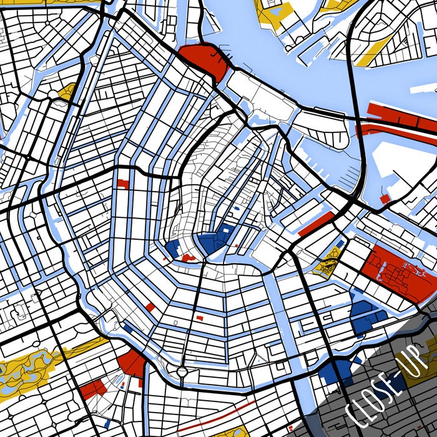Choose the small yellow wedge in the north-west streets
pos(67,92)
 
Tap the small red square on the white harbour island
pos(385,199)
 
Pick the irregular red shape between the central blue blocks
pos(187,256)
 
